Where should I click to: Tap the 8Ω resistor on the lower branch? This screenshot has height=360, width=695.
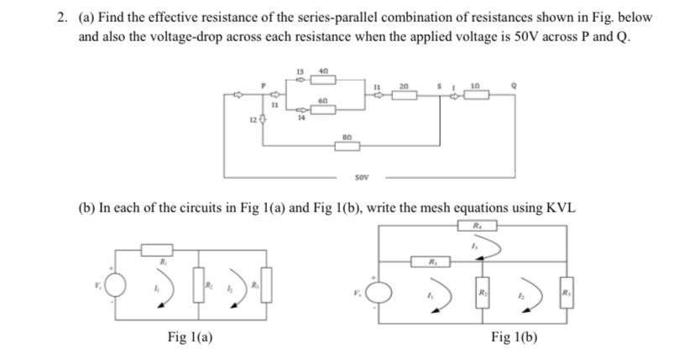(x=347, y=145)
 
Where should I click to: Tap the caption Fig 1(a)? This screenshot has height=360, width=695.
(x=190, y=337)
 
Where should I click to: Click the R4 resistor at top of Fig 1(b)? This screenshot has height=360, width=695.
(x=477, y=226)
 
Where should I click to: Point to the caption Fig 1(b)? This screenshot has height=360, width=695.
(x=514, y=337)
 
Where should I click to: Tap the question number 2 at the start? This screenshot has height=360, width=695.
(x=62, y=18)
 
